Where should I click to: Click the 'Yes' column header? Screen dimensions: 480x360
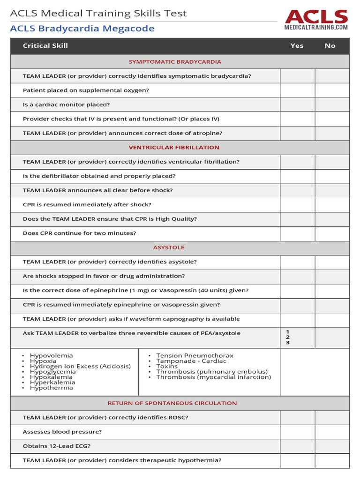[x=297, y=45]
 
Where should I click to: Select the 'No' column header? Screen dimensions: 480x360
[x=330, y=45]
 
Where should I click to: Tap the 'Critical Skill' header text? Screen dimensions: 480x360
[x=45, y=45]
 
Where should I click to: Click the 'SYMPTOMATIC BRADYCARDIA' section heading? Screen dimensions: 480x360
[x=175, y=62]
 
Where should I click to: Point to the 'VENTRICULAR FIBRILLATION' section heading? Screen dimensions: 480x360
[x=174, y=148]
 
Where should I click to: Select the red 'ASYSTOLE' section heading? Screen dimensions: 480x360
[x=169, y=247]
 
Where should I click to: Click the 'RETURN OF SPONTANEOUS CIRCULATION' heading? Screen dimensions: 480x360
[x=172, y=403]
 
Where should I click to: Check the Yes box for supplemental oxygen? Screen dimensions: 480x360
[x=297, y=90]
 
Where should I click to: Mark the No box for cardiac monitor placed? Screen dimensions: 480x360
[x=332, y=105]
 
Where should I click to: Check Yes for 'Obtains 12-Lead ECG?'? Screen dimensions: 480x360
[x=297, y=446]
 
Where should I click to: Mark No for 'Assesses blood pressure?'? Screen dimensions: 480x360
[x=332, y=432]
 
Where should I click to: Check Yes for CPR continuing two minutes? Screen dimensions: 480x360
[x=297, y=233]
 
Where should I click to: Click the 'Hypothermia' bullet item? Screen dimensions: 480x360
[x=52, y=388]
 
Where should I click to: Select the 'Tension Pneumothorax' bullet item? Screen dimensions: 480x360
[x=195, y=356]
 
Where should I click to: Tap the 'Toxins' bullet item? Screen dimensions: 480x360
[x=167, y=367]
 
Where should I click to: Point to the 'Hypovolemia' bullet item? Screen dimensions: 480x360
[x=52, y=356]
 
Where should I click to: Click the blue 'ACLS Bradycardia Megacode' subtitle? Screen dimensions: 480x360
[x=82, y=29]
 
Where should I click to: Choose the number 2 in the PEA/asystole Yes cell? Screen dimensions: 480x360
[x=288, y=337]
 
